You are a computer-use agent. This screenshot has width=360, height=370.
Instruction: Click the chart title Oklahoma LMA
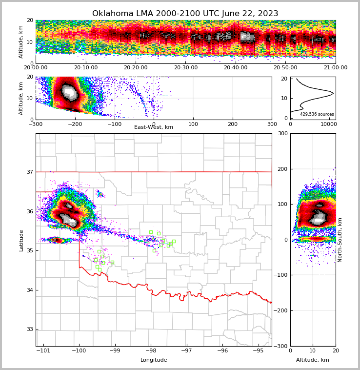pyautogui.click(x=185, y=14)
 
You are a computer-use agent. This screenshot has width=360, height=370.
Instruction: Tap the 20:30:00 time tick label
pyautogui.click(x=185, y=68)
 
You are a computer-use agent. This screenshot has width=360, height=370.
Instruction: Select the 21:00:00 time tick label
pyautogui.click(x=335, y=68)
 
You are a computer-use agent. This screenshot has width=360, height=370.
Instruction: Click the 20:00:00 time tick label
pyautogui.click(x=36, y=68)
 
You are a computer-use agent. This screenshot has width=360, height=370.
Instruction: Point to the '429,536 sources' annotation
pyautogui.click(x=317, y=114)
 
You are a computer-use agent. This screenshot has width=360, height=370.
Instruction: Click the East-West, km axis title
pyautogui.click(x=154, y=127)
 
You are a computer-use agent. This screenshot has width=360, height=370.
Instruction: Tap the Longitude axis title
pyautogui.click(x=154, y=360)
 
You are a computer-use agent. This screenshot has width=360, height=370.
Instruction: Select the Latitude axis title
pyautogui.click(x=21, y=240)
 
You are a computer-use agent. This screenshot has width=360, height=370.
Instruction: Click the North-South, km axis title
pyautogui.click(x=340, y=240)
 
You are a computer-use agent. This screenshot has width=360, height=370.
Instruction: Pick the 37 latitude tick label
pyautogui.click(x=29, y=172)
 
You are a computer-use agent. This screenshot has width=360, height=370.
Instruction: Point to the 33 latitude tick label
pyautogui.click(x=29, y=329)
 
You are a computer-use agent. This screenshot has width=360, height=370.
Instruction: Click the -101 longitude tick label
pyautogui.click(x=44, y=350)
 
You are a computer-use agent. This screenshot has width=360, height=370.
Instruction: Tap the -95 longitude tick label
pyautogui.click(x=258, y=350)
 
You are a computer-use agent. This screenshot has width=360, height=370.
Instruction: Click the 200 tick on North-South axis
pyautogui.click(x=283, y=169)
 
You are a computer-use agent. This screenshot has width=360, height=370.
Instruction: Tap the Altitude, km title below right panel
pyautogui.click(x=313, y=360)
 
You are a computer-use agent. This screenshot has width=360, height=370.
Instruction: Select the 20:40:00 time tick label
pyautogui.click(x=236, y=68)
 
